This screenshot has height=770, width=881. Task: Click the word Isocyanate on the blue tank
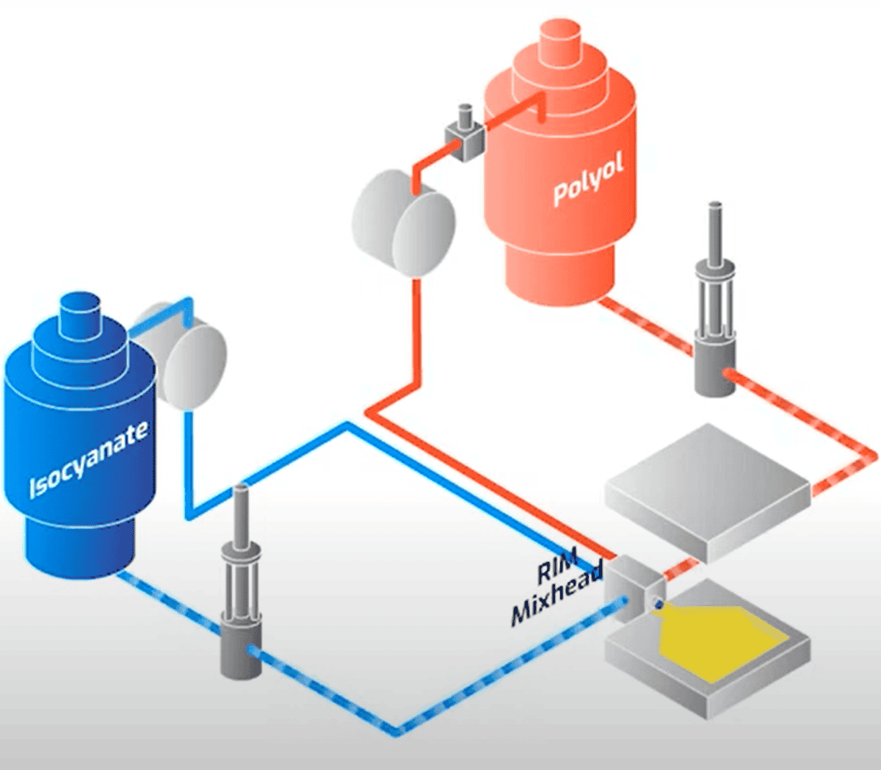(x=88, y=460)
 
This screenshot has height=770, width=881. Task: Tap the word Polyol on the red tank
(x=588, y=180)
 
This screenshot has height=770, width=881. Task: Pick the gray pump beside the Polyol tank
(x=403, y=223)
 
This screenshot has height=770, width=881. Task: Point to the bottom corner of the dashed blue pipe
(x=397, y=730)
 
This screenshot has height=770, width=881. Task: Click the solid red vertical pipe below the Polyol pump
(x=416, y=331)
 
